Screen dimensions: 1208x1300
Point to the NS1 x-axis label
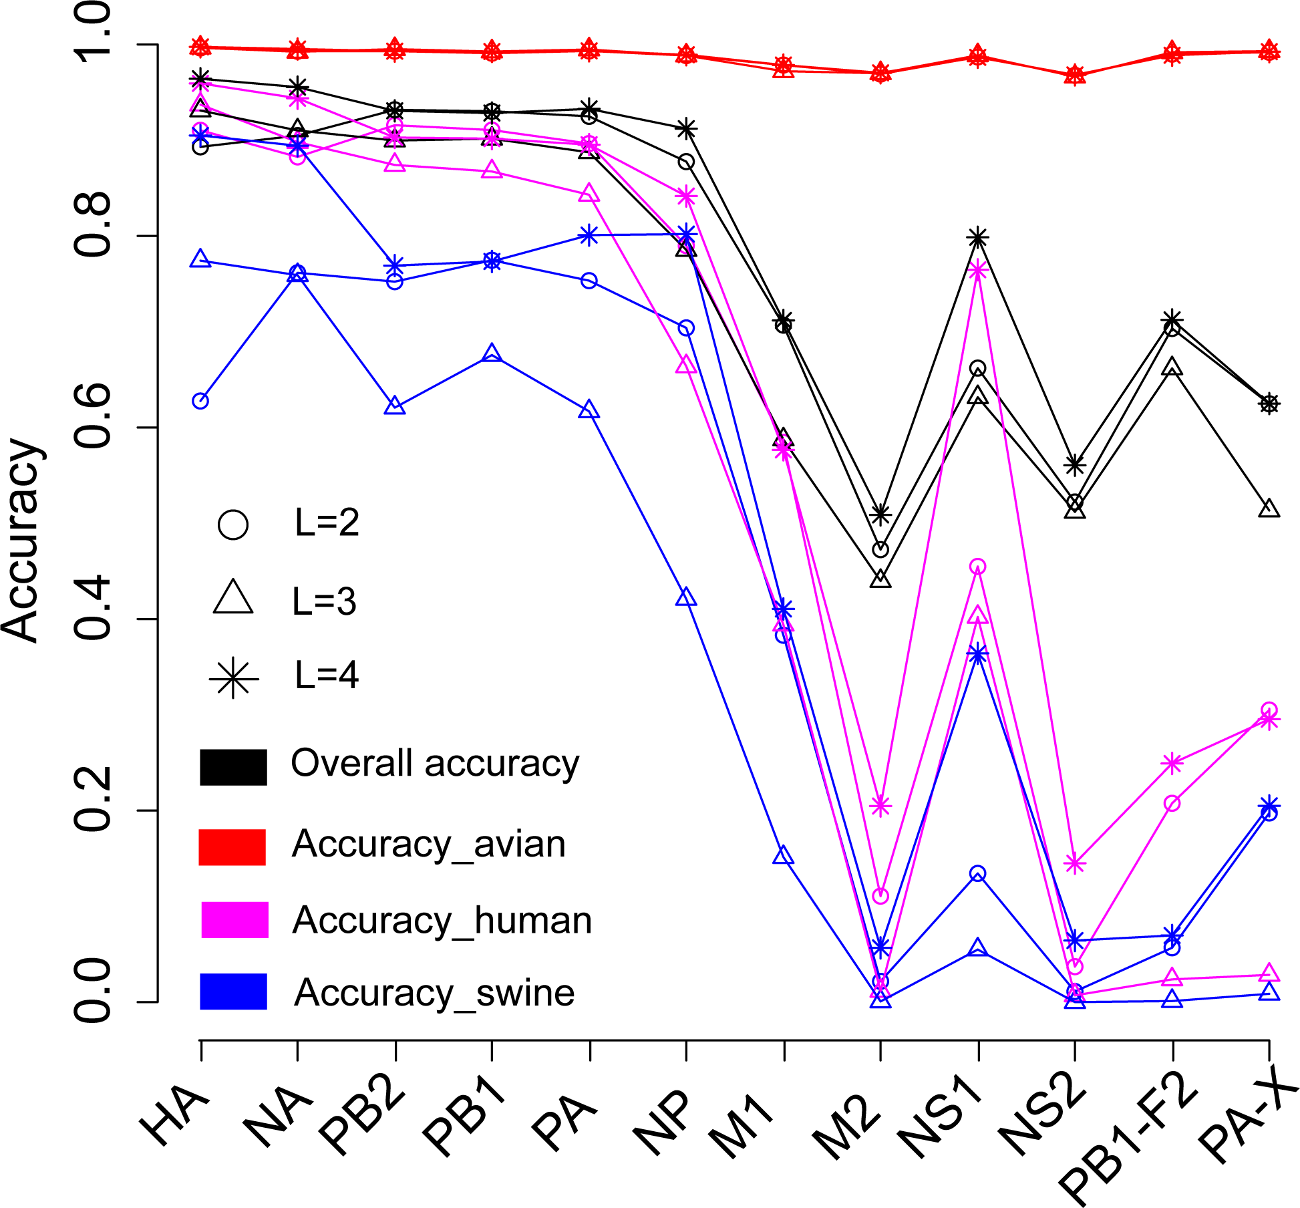pyautogui.click(x=941, y=1129)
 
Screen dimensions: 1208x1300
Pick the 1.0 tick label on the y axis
pyautogui.click(x=92, y=32)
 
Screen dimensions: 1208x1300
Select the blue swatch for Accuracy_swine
pyautogui.click(x=233, y=992)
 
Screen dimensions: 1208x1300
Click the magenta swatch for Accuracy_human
pyautogui.click(x=234, y=920)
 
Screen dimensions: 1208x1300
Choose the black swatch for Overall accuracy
pyautogui.click(x=233, y=767)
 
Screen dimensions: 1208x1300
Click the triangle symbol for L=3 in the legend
pyautogui.click(x=233, y=599)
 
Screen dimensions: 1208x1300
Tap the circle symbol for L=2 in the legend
pyautogui.click(x=232, y=525)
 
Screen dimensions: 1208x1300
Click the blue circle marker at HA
pyautogui.click(x=200, y=401)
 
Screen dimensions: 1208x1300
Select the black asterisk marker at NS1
pyautogui.click(x=978, y=238)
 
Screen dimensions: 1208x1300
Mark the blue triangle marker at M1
pyautogui.click(x=784, y=856)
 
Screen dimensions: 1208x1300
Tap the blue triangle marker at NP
pyautogui.click(x=686, y=598)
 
